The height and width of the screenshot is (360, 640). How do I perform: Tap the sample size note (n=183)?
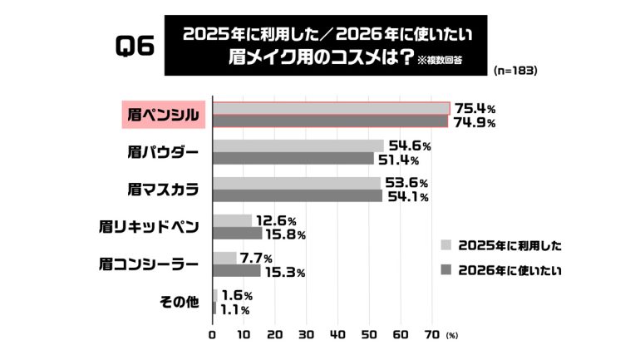[x=514, y=71]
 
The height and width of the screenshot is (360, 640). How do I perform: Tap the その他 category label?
[x=179, y=301]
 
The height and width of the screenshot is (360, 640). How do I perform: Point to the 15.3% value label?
[x=283, y=272]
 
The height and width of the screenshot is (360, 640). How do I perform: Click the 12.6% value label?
[x=276, y=220]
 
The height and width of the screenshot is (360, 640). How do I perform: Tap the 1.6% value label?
[x=237, y=295]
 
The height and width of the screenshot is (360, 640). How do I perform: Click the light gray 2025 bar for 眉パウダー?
[x=298, y=145]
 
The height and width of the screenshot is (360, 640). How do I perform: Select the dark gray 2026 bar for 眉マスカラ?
[x=297, y=196]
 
